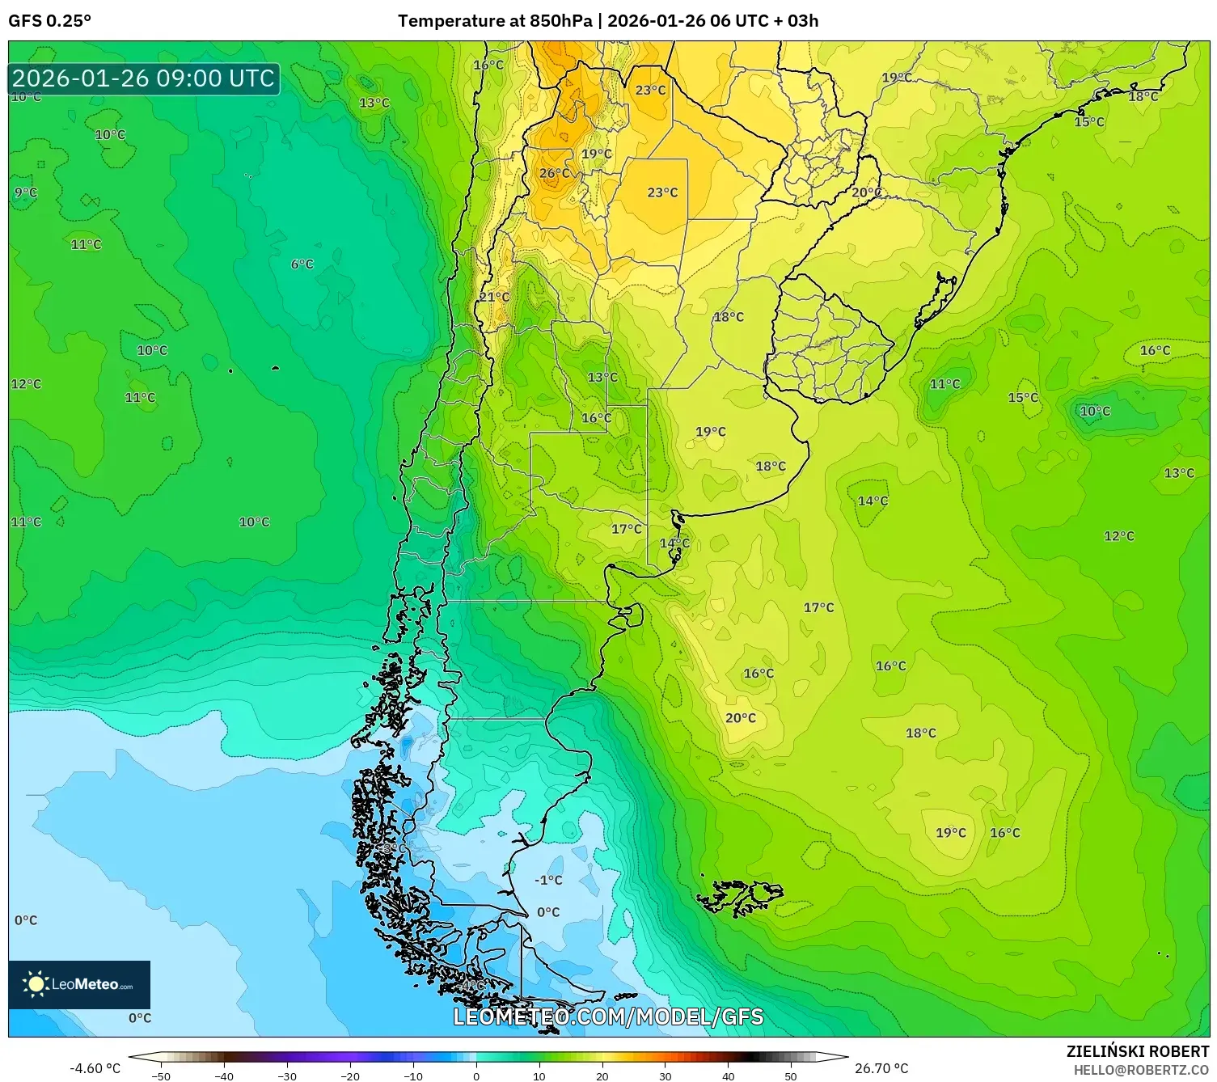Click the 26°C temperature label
point(555,173)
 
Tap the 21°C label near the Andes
point(494,297)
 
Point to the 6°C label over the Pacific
point(302,264)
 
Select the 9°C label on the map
point(26,192)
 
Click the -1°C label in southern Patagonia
point(548,880)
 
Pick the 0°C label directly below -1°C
point(548,912)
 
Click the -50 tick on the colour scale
point(161,1076)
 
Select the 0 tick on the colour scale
point(476,1076)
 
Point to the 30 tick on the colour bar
point(665,1076)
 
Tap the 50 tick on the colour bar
point(791,1076)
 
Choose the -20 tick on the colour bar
point(349,1076)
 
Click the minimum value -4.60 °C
point(95,1068)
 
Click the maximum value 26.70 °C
point(881,1068)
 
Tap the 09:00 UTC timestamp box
point(144,78)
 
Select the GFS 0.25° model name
point(49,21)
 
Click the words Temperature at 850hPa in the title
point(495,21)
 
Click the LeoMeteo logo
point(79,984)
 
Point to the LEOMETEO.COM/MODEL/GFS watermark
point(608,1016)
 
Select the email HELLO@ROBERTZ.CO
point(1141,1070)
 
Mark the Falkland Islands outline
point(740,896)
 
